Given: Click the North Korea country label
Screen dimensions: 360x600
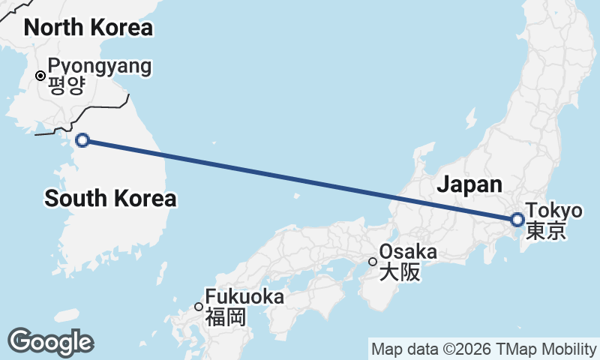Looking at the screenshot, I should [88, 28].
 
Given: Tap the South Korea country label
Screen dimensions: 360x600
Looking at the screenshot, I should [110, 198].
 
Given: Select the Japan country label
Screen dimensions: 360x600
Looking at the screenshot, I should [469, 184].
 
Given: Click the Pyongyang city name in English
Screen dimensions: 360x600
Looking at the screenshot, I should [99, 66].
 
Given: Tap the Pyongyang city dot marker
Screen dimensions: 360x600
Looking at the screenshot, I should [40, 75].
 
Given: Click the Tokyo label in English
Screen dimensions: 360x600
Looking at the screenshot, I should [553, 211].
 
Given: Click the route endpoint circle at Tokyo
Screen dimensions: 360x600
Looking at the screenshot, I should [517, 220].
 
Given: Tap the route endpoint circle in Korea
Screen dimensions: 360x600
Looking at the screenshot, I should [82, 139].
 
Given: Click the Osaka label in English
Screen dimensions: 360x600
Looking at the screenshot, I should [408, 252].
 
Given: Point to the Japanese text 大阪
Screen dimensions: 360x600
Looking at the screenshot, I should [400, 271].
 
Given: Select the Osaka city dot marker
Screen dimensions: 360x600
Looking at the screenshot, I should [373, 262].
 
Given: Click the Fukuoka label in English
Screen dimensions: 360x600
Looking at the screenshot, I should [244, 297].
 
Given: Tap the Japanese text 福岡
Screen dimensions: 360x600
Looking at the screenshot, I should [226, 316].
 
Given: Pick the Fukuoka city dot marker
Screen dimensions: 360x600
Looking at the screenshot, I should [199, 306].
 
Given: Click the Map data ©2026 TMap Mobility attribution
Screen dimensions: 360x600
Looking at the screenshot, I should [484, 349].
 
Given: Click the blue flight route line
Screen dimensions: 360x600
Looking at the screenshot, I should [300, 180].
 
